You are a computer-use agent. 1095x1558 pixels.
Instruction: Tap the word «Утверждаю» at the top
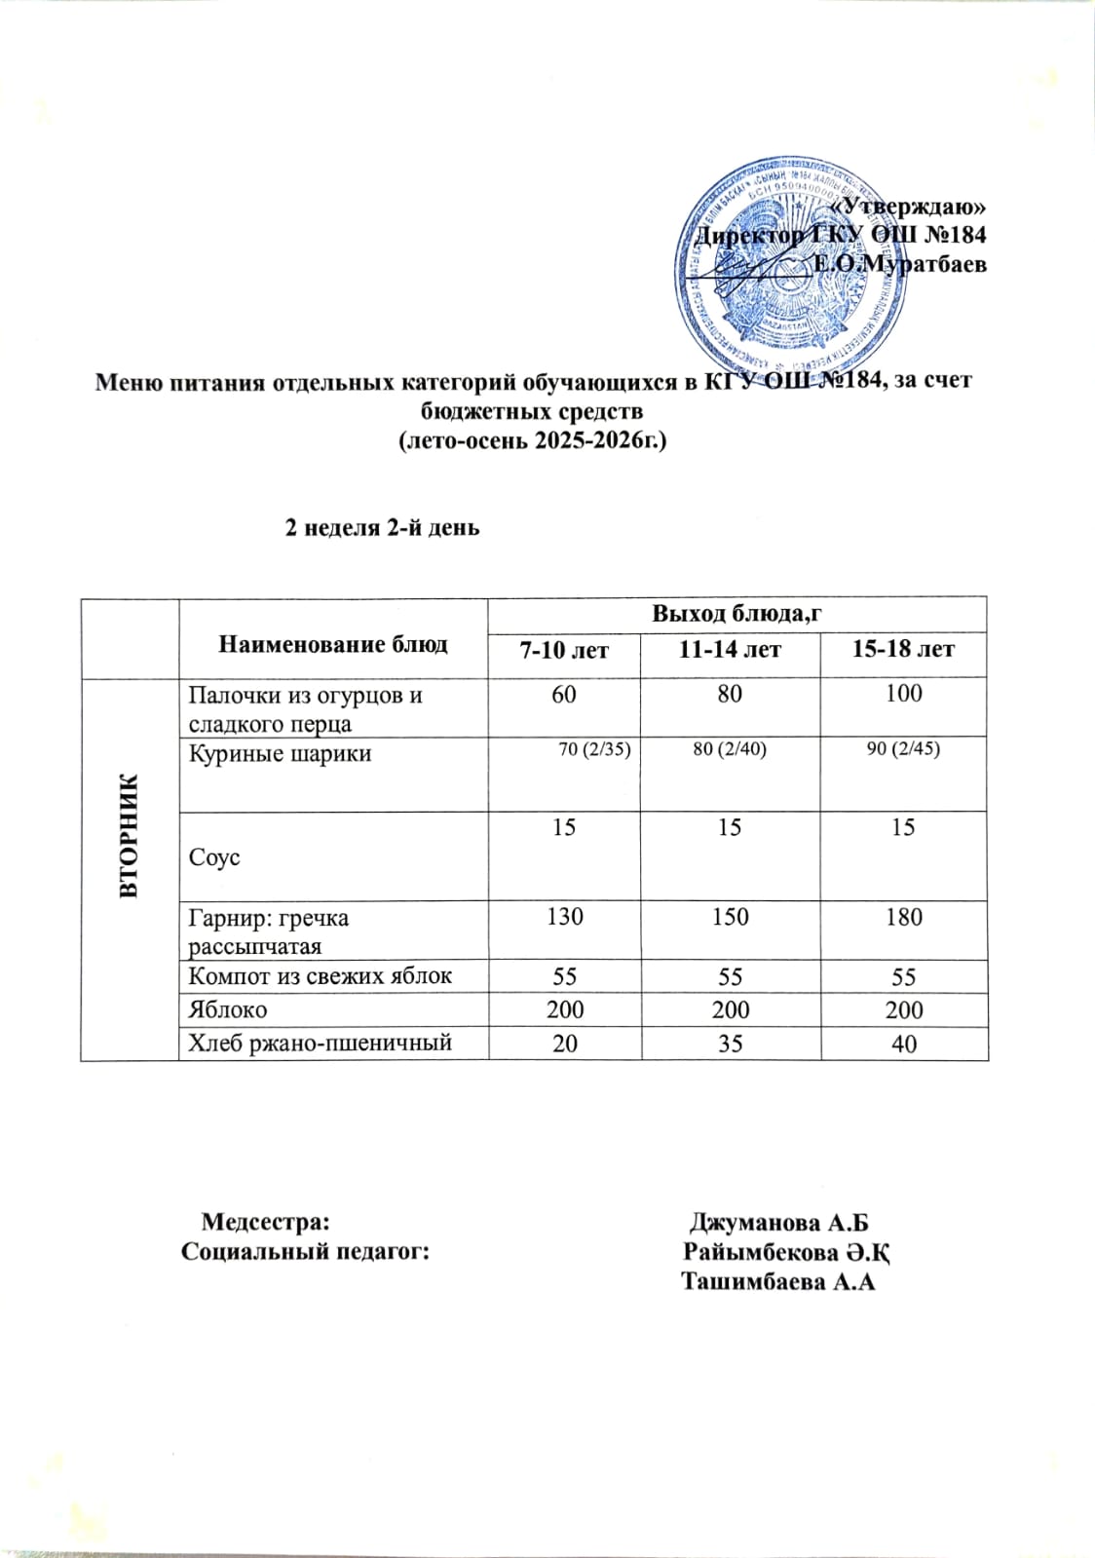pyautogui.click(x=913, y=207)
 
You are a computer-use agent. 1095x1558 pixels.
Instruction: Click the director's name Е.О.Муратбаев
pyautogui.click(x=900, y=264)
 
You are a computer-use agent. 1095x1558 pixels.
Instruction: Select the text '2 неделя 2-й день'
pyautogui.click(x=382, y=528)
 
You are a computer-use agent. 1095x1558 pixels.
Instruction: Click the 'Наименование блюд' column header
pyautogui.click(x=333, y=643)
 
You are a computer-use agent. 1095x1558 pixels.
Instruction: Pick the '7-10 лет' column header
pyautogui.click(x=564, y=650)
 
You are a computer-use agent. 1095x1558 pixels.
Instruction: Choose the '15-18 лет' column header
pyautogui.click(x=903, y=649)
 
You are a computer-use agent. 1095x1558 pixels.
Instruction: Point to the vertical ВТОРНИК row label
pyautogui.click(x=130, y=835)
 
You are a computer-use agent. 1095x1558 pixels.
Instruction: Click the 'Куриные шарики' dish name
pyautogui.click(x=280, y=753)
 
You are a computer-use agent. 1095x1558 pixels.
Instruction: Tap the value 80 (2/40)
pyautogui.click(x=730, y=749)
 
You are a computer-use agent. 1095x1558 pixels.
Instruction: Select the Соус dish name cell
pyautogui.click(x=214, y=858)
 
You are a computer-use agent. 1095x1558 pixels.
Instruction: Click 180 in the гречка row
pyautogui.click(x=903, y=917)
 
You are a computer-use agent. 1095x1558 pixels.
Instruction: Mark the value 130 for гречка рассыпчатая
pyautogui.click(x=565, y=917)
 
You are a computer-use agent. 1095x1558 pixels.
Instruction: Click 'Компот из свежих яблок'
pyautogui.click(x=320, y=976)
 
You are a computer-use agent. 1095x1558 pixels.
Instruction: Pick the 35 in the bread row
pyautogui.click(x=730, y=1044)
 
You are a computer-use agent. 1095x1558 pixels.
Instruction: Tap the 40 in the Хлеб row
pyautogui.click(x=903, y=1044)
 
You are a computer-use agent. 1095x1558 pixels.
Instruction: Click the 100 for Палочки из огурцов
pyautogui.click(x=903, y=694)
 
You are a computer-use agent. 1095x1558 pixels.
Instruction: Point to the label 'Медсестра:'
pyautogui.click(x=265, y=1222)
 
